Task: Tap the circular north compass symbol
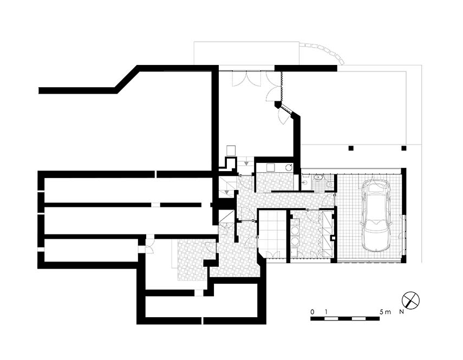[x=410, y=300]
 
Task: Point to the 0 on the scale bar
[x=312, y=312]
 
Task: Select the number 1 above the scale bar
[x=325, y=312]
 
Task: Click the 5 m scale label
[x=386, y=312]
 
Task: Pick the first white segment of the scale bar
[x=331, y=319]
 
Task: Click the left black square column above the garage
[x=351, y=148]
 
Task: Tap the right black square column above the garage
[x=403, y=148]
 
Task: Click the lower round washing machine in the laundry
[x=295, y=241]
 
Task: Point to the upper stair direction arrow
[x=246, y=162]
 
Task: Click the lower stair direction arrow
[x=226, y=192]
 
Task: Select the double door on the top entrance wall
[x=246, y=78]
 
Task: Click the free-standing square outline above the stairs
[x=231, y=150]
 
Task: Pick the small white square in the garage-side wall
[x=334, y=238]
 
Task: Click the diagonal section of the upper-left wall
[x=127, y=79]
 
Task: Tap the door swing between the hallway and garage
[x=328, y=200]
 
